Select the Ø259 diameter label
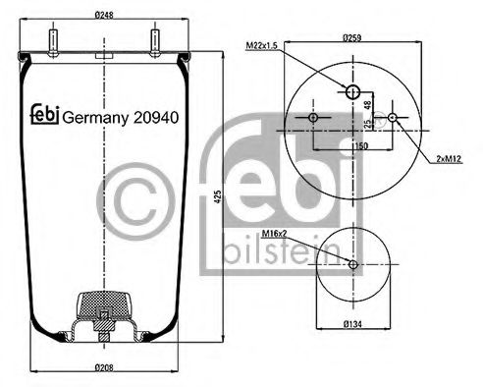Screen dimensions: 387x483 (353, 36)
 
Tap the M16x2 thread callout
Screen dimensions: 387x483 (275, 233)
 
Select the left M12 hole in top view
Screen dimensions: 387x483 (313, 119)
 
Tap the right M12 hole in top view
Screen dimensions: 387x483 (393, 119)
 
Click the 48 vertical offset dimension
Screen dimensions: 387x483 (368, 106)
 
